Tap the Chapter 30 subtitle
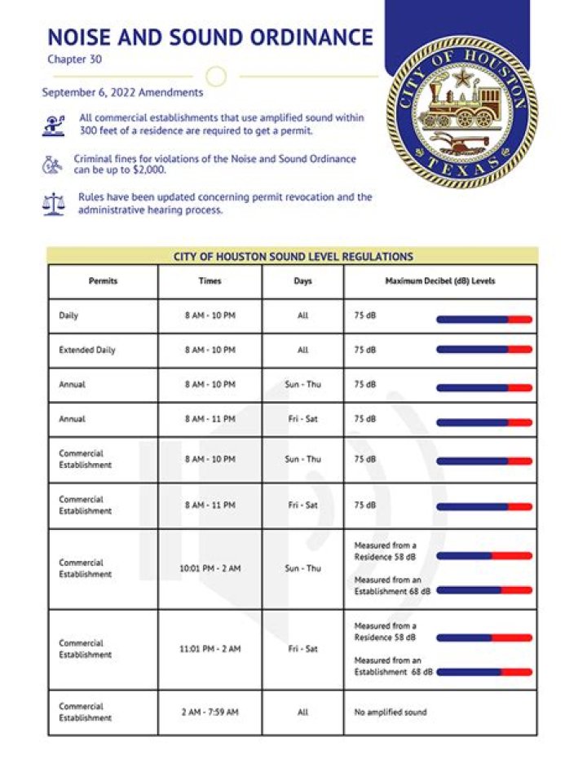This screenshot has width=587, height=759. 74,60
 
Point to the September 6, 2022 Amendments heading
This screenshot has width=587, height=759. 122,93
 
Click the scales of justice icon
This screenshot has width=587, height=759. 53,204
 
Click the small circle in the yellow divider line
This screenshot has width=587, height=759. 215,77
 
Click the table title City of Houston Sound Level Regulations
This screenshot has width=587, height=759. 293,257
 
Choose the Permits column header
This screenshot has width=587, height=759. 103,281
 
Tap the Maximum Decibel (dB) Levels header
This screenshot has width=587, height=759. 439,281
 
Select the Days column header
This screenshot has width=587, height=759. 302,281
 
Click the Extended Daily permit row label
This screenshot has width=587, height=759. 87,350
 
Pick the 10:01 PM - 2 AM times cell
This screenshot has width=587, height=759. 210,568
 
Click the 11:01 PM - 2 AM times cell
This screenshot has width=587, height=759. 210,649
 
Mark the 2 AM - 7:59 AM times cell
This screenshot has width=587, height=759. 210,712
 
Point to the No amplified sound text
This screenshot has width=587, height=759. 390,712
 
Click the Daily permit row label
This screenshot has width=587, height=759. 69,316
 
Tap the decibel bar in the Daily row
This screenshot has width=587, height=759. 483,320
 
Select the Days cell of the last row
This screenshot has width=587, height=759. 302,712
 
